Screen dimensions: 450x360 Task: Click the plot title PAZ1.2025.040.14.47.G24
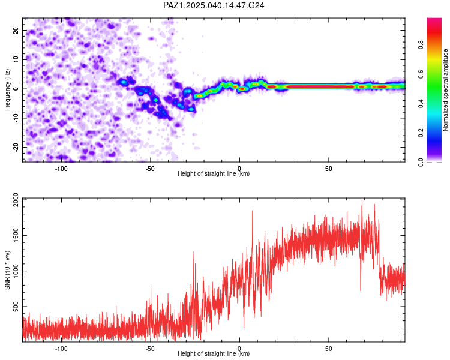[x=214, y=5]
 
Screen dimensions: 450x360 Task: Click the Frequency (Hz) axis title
[x=7, y=90]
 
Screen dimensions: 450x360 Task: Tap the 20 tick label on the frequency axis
[x=16, y=31]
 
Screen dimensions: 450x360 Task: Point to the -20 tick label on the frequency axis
[x=16, y=148]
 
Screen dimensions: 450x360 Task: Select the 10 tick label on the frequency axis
[x=16, y=60]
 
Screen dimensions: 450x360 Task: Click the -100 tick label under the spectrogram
[x=61, y=169]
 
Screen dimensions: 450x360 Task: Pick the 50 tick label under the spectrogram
[x=328, y=169]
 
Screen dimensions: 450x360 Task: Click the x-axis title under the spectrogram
[x=214, y=173]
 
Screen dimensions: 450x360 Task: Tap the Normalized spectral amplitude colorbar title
[x=445, y=90]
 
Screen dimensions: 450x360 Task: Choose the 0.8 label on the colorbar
[x=421, y=45]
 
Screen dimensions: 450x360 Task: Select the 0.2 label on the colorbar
[x=421, y=133]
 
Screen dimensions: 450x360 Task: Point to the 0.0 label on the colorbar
[x=421, y=163]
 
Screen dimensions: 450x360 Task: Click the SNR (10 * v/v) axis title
[x=7, y=270]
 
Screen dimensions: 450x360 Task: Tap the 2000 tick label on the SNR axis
[x=16, y=200]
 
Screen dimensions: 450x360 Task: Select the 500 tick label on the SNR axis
[x=16, y=307]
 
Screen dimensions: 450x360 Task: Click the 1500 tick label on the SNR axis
[x=16, y=235]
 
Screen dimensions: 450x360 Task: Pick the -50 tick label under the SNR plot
[x=150, y=349]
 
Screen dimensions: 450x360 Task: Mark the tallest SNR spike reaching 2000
[x=362, y=199]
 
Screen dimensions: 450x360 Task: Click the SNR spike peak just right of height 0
[x=253, y=211]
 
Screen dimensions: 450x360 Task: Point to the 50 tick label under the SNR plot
[x=328, y=349]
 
